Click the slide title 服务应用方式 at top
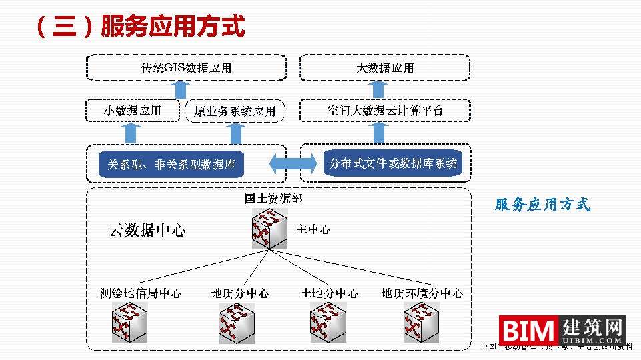140,27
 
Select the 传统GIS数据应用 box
186,68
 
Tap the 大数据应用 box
384,68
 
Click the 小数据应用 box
132,111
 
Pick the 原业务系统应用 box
234,111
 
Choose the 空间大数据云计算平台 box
384,111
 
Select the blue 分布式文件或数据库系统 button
393,163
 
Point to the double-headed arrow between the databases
293,163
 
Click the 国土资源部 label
273,199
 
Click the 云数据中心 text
147,231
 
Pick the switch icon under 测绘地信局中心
129,322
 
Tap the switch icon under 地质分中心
237,323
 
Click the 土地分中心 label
330,293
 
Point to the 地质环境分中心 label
422,293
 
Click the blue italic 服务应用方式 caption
542,205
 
